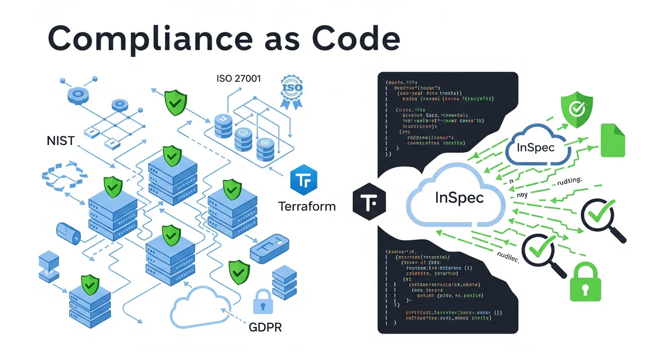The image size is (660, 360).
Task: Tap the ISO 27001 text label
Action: pos(239,79)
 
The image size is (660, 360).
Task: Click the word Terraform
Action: pos(307,207)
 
